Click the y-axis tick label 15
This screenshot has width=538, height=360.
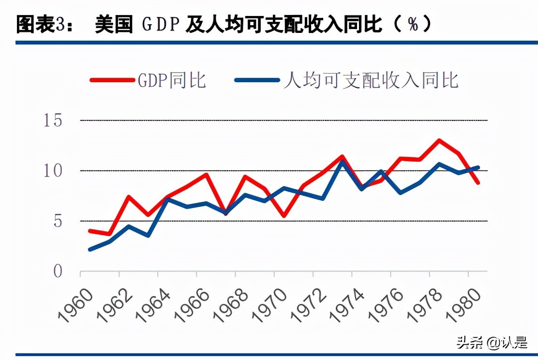[x=54, y=120]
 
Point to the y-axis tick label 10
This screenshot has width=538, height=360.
[x=54, y=171]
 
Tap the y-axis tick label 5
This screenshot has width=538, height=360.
[x=58, y=221]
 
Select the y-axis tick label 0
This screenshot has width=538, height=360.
[x=58, y=271]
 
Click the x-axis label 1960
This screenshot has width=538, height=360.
[x=75, y=305]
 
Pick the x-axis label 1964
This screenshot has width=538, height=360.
[x=153, y=305]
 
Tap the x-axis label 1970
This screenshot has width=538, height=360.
[x=269, y=305]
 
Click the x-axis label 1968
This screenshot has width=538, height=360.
[x=231, y=305]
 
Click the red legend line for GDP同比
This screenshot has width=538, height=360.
[x=112, y=80]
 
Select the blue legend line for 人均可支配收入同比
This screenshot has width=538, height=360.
[x=256, y=80]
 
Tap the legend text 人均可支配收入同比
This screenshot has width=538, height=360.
[x=371, y=80]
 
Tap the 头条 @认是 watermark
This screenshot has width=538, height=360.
[x=491, y=343]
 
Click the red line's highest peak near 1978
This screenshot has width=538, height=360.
[x=439, y=140]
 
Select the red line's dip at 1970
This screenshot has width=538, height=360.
[x=284, y=216]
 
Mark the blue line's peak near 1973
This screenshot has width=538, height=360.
[x=342, y=161]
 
